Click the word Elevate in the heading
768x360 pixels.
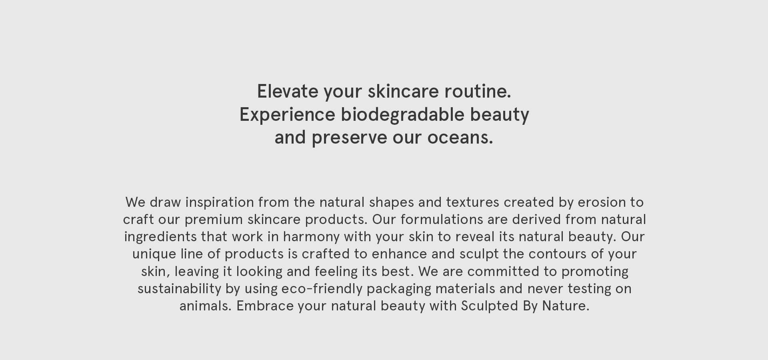coord(287,91)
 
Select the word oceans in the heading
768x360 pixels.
coord(460,138)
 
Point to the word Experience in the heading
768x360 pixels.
coord(287,115)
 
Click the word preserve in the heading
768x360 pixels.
coord(350,138)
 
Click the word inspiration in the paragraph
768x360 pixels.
coord(220,202)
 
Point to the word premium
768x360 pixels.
coord(214,220)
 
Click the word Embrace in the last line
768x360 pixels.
coord(265,306)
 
